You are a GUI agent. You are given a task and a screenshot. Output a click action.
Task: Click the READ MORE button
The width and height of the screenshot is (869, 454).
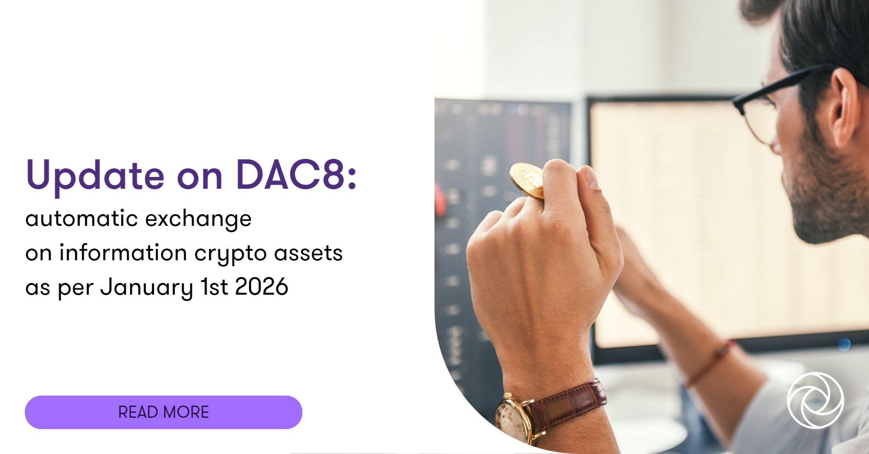pos(163,412)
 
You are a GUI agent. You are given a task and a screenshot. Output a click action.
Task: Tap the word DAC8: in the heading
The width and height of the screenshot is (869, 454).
pos(296,175)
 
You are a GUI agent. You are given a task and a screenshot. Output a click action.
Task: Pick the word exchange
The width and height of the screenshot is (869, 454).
pos(198,219)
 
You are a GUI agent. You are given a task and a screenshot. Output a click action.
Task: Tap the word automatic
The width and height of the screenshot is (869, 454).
pos(81,219)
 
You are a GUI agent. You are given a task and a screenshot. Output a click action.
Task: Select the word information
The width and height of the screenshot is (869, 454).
pos(123,253)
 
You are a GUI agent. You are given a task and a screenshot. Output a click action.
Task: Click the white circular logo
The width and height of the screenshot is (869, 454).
pos(815,400)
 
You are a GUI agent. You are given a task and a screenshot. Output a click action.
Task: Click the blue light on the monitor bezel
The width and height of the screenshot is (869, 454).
pos(844,344)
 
